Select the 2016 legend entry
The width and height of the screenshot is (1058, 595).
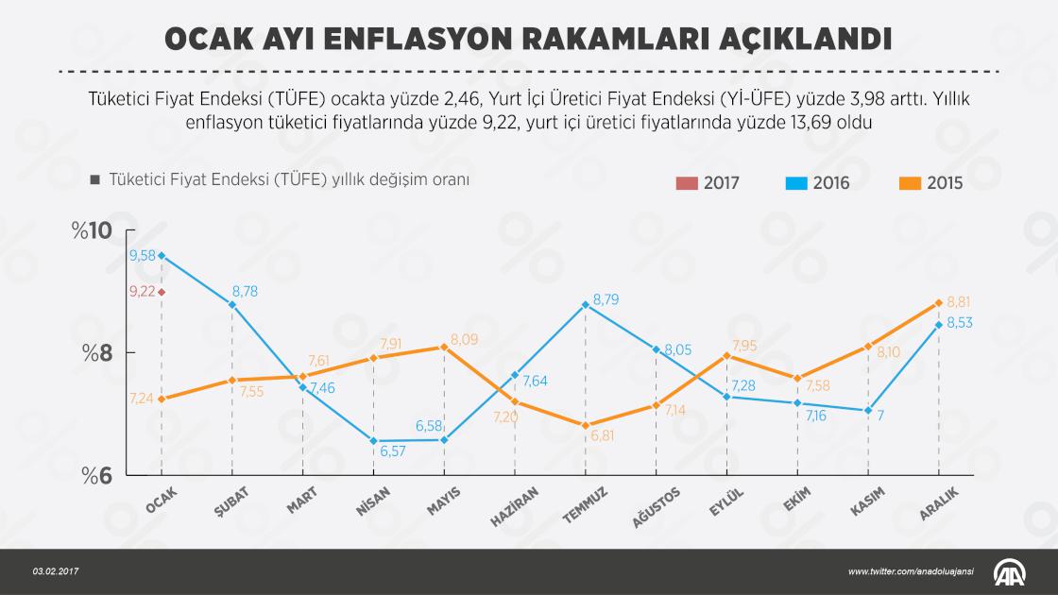coord(818,183)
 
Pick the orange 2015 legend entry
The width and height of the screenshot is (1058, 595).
coord(930,183)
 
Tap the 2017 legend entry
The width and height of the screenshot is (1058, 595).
coord(708,183)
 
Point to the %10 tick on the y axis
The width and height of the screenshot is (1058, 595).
coord(93,231)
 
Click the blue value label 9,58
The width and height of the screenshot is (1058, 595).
coord(143,255)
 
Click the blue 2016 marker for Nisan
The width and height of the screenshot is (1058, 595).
coord(374,441)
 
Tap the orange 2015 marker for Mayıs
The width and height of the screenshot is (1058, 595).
coord(444,347)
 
